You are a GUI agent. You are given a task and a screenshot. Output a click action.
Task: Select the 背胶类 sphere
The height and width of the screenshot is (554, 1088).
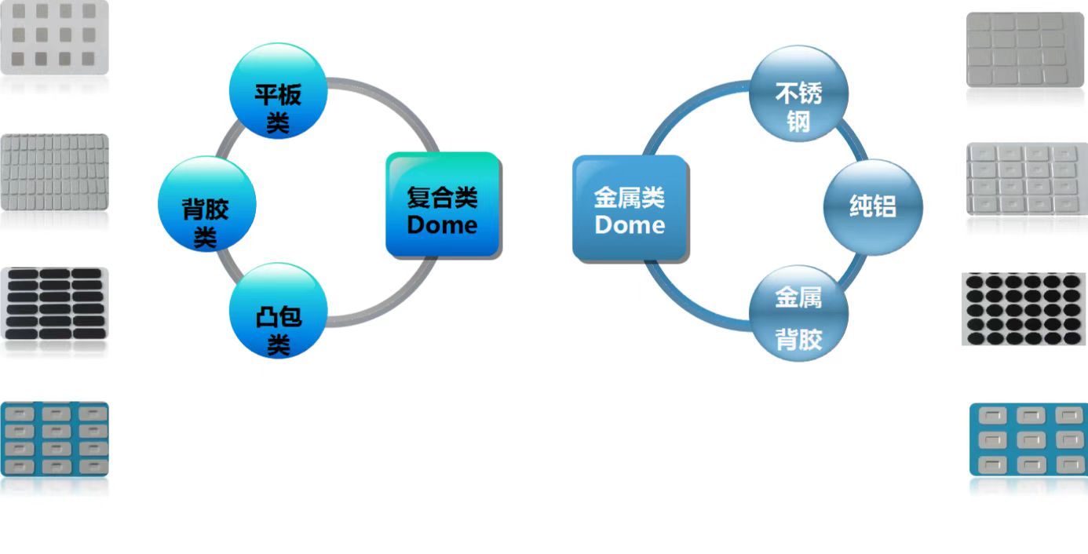coord(207,205)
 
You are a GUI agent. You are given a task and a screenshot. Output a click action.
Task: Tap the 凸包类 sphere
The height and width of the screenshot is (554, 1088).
coord(278,312)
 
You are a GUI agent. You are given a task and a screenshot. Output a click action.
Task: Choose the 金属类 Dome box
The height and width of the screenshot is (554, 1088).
coord(630,208)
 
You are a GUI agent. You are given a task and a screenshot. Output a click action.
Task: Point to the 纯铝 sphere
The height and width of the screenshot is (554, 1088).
coord(872,207)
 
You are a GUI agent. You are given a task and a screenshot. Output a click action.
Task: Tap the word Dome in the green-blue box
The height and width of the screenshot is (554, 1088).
coord(442,225)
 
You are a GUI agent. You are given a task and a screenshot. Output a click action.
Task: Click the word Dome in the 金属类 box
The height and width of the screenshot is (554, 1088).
coord(630,225)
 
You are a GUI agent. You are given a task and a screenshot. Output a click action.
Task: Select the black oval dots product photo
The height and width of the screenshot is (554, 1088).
coord(1024,309)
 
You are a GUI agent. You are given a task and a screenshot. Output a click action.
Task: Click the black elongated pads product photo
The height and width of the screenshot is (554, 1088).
coord(54,304)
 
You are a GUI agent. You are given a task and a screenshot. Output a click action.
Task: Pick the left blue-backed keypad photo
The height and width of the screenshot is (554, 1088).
coord(54,439)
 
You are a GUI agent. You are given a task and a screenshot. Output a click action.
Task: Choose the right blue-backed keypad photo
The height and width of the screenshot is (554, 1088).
coord(1029,440)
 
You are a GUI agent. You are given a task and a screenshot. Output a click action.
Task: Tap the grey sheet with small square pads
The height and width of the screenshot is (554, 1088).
coord(54,37)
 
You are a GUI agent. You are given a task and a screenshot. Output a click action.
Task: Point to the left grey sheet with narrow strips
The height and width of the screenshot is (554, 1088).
coord(54,172)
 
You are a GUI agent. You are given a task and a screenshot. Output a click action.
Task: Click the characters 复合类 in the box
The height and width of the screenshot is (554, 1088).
coord(442,196)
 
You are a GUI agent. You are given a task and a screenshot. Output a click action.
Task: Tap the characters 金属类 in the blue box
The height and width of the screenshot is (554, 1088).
coord(630,197)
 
